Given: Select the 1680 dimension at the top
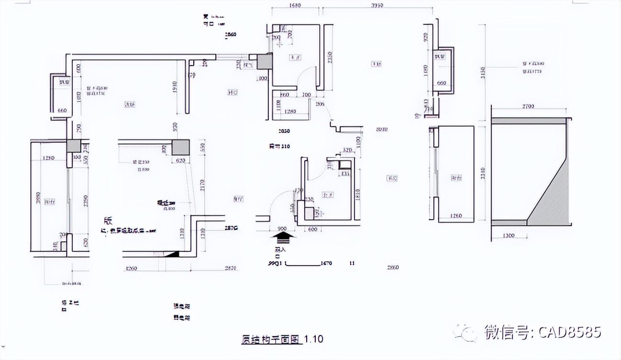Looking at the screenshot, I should tap(295, 6).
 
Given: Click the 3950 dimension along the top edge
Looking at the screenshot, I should tap(377, 6).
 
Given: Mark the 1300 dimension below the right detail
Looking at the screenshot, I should tap(509, 236).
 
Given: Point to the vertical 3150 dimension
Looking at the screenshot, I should tap(483, 72).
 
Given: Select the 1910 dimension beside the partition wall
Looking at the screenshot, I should tap(175, 87).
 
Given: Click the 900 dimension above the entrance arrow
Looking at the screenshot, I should tap(282, 229).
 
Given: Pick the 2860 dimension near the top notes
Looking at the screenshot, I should tap(231, 34).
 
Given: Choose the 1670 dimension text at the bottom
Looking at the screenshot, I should tap(326, 263).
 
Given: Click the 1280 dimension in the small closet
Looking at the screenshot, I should tap(290, 112).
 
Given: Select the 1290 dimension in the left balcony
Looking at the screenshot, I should tap(48, 157).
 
